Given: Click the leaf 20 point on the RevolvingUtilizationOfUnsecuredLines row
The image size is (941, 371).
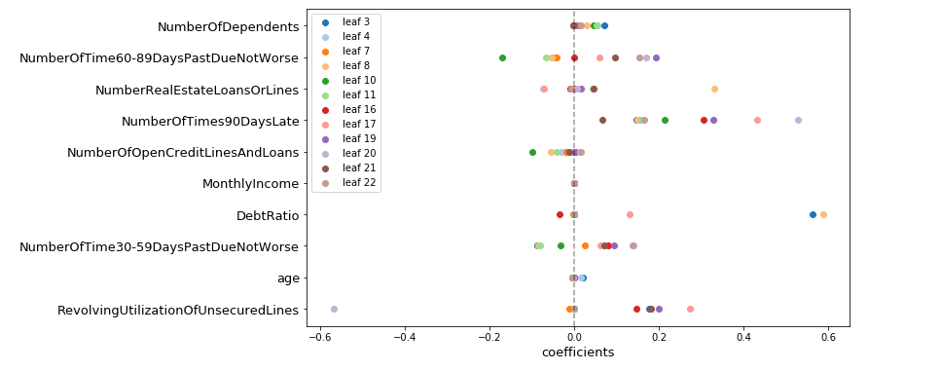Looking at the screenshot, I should point(334,309).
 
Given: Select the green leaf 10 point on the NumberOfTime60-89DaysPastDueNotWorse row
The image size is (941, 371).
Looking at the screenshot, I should point(502,58).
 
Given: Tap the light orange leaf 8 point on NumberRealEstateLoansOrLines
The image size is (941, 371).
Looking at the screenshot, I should point(714,90).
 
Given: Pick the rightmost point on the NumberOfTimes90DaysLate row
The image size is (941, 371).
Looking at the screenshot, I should point(798,121).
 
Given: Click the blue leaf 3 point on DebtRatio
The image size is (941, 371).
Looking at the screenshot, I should point(813,215).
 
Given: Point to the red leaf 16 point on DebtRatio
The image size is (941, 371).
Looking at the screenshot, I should point(560,215).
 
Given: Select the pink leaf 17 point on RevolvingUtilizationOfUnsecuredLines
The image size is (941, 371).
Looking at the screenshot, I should point(690,309).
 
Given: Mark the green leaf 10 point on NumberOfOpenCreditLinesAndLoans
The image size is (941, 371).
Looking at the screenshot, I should point(532,152).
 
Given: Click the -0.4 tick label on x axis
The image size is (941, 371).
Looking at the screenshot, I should point(405,337).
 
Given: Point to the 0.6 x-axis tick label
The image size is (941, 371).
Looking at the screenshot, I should point(828,337).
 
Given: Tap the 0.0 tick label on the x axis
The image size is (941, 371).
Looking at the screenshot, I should point(574,337).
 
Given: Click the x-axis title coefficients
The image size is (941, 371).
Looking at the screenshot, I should point(578,352).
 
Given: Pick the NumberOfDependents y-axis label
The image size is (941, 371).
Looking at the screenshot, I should point(228,27).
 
